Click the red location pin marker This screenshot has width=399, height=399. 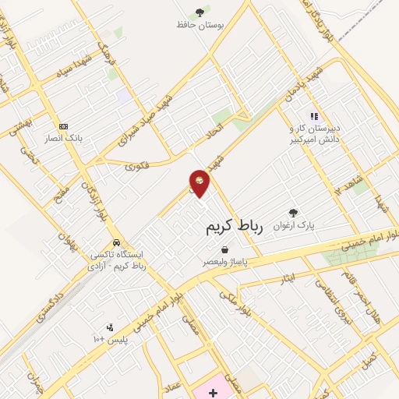click(x=199, y=182)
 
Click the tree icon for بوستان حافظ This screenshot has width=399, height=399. click(x=200, y=12)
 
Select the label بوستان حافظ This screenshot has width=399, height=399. click(x=200, y=25)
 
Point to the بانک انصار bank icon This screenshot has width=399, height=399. click(x=63, y=126)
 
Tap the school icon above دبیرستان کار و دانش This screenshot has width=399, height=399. click(x=315, y=116)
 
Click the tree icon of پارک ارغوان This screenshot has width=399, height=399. click(x=293, y=213)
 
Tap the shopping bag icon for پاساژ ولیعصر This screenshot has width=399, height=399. click(x=224, y=250)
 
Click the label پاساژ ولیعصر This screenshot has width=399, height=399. click(x=224, y=263)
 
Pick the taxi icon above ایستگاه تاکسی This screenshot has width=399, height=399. click(x=116, y=242)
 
